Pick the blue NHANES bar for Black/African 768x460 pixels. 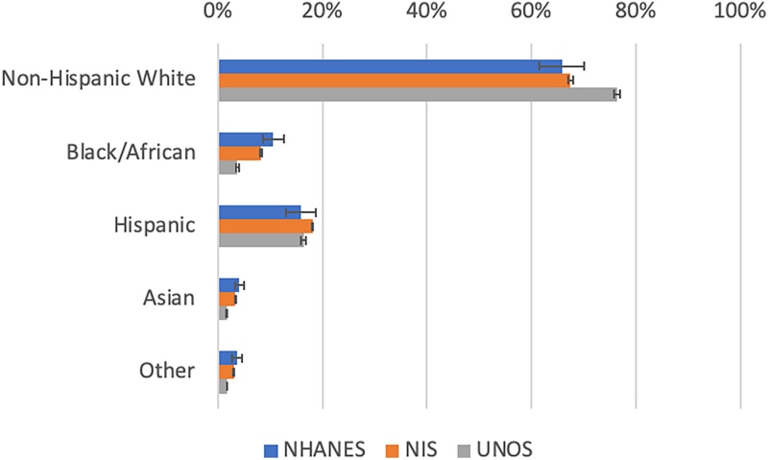245,139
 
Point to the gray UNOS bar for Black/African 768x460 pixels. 228,168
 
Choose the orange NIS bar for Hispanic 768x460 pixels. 265,227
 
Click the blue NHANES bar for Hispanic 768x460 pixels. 259,212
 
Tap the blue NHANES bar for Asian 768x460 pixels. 228,285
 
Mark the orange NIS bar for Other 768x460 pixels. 226,372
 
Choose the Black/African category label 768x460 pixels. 131,152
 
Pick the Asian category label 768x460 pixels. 172,298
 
